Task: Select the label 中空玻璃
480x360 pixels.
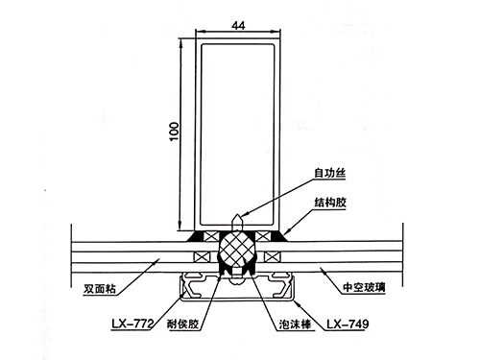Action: click(369, 285)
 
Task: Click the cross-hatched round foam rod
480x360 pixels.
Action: click(236, 251)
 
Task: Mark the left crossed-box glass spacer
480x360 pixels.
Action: click(202, 256)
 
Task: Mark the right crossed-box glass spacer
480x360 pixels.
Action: click(272, 256)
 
